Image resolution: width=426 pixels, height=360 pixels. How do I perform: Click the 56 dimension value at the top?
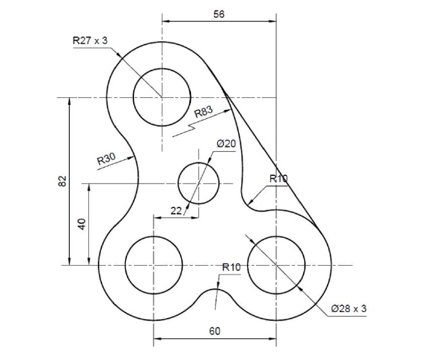click(x=219, y=14)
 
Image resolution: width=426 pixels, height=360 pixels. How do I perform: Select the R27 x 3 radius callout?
click(x=90, y=41)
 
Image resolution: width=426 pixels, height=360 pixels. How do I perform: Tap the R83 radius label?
click(x=203, y=112)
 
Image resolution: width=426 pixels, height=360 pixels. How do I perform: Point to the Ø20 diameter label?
click(x=226, y=143)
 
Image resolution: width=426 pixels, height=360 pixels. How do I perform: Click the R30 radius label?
click(x=106, y=158)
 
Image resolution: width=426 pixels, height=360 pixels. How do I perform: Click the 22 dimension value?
click(x=176, y=210)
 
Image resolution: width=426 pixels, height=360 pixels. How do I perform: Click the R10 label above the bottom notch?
click(x=231, y=267)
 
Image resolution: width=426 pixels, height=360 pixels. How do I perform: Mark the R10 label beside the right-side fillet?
click(x=279, y=178)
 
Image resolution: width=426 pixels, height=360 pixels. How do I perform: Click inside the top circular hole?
click(x=161, y=97)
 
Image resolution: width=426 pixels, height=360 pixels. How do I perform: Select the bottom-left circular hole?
click(x=153, y=264)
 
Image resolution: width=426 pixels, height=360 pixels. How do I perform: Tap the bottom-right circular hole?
click(x=276, y=264)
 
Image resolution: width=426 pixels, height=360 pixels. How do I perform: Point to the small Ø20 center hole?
click(x=198, y=183)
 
